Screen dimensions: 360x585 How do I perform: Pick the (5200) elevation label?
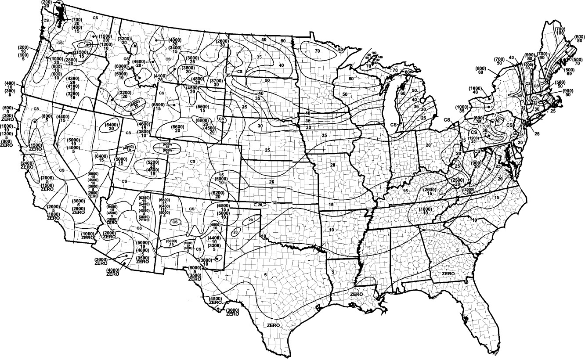coord(153,162)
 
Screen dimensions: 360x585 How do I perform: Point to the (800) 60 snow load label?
coord(480,69)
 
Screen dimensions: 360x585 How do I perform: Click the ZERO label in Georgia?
coord(448,274)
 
